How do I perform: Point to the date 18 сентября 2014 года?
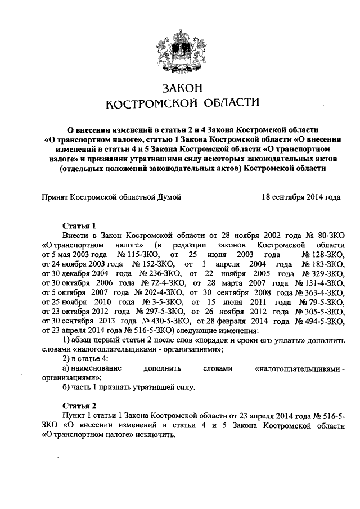click(301, 197)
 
